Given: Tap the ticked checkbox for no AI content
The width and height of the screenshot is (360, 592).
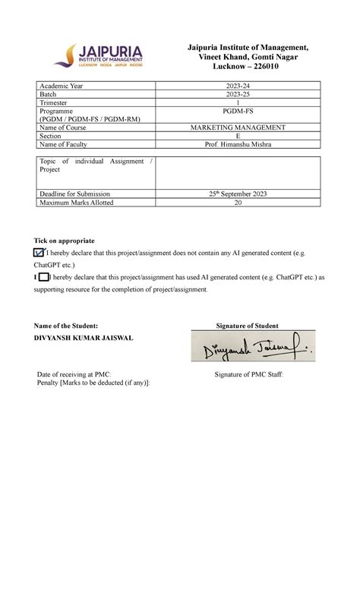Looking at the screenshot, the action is click(39, 253).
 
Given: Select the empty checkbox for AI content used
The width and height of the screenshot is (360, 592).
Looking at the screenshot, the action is click(43, 278).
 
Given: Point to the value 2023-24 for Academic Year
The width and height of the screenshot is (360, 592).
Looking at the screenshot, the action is click(237, 87).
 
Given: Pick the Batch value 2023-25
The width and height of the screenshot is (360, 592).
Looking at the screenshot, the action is click(237, 95).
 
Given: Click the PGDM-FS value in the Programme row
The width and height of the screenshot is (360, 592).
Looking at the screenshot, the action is click(237, 111).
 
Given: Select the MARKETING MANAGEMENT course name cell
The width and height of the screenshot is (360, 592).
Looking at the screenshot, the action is click(237, 128).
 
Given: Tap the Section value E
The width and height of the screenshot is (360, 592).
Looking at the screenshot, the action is click(237, 136).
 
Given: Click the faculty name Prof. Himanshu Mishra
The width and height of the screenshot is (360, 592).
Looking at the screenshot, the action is click(237, 144).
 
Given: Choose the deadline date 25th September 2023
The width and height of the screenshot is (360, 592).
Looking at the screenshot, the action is click(237, 194).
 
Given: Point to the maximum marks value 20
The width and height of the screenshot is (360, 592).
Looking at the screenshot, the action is click(237, 203).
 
